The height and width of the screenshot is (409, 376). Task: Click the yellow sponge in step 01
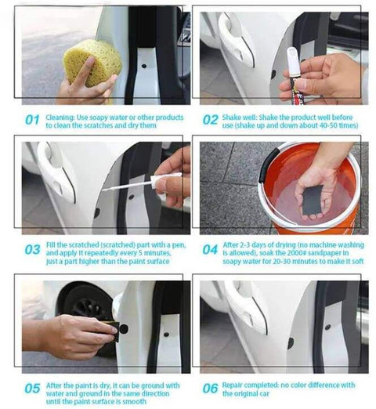92,63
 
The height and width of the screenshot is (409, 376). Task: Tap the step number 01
32,120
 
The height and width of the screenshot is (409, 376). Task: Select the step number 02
210,120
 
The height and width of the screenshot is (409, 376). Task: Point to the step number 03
32,250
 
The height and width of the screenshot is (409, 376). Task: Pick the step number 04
210,250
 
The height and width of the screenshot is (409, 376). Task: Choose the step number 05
32,388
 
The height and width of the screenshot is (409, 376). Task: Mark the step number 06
210,388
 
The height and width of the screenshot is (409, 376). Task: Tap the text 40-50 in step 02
324,125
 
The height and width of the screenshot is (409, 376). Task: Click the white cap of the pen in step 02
291,62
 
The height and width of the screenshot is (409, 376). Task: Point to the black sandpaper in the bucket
313,200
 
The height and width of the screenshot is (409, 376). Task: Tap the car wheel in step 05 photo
84,303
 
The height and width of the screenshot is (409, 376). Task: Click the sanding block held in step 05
114,330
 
